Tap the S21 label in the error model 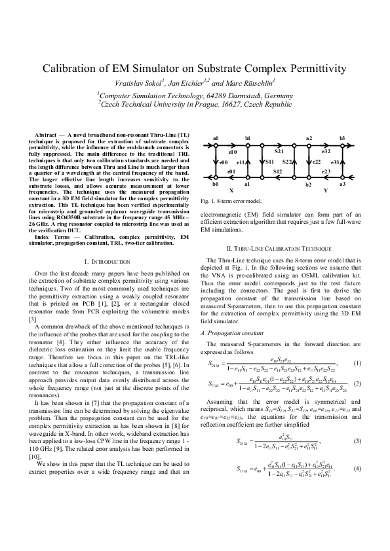pyautogui.click(x=279, y=151)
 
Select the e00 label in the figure pyautogui.click(x=224, y=162)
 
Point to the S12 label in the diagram pyautogui.click(x=278, y=171)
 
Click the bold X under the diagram pyautogui.click(x=231, y=190)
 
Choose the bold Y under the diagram pyautogui.click(x=326, y=190)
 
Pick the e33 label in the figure pyautogui.click(x=336, y=162)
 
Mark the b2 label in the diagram pyautogui.click(x=308, y=186)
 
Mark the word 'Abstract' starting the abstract pyautogui.click(x=47, y=134)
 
